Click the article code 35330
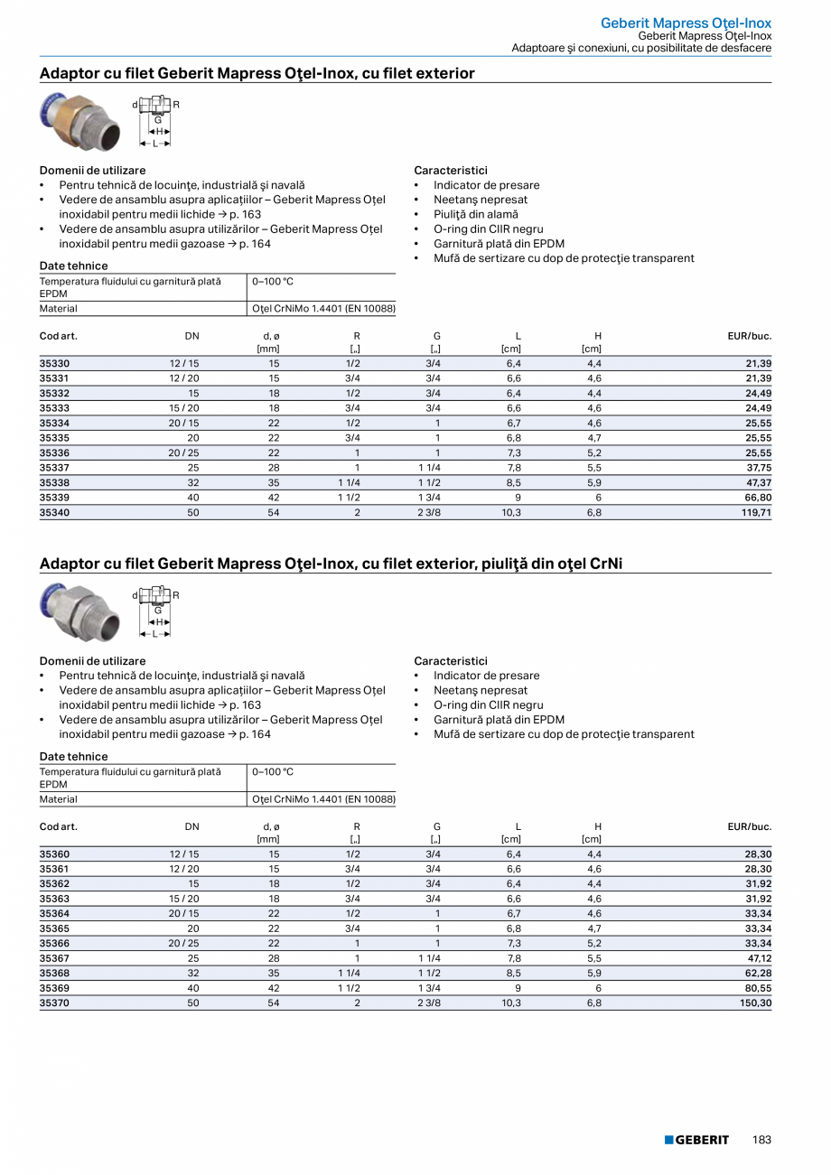[x=54, y=363]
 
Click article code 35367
[x=54, y=958]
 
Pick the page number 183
[x=761, y=1140]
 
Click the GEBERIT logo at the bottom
[x=696, y=1140]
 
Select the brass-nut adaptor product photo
[x=79, y=120]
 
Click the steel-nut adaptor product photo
[x=79, y=611]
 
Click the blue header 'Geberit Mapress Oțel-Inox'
[x=686, y=23]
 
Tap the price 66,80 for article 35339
[x=756, y=498]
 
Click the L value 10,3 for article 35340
[x=511, y=512]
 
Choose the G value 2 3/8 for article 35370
[x=428, y=1002]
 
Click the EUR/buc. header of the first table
[x=749, y=336]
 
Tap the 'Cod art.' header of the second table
[x=59, y=826]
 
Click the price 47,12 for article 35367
[x=756, y=958]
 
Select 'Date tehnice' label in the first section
[x=73, y=266]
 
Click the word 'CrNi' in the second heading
[x=606, y=564]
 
